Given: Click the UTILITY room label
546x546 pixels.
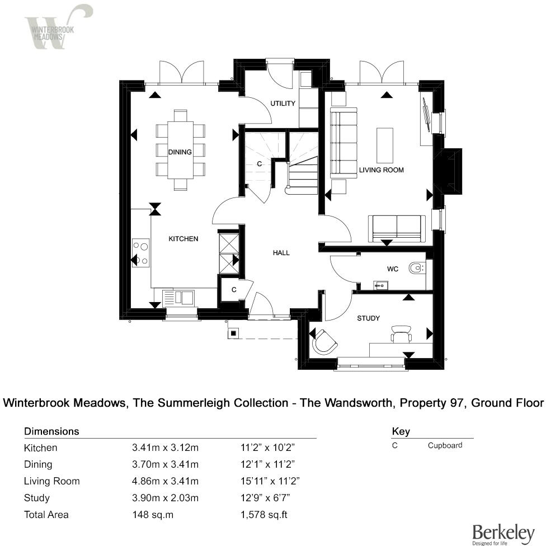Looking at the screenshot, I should coord(283,103).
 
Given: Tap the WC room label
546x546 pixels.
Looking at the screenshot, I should coord(393,269).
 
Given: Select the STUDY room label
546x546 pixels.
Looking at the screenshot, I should coord(369,318).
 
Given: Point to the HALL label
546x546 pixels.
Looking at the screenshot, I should coord(281,253).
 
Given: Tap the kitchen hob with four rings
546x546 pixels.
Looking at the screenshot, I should coord(141,252).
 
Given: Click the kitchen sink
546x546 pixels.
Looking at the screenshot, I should coord(178,296).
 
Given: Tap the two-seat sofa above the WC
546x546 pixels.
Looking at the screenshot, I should coord(396,227).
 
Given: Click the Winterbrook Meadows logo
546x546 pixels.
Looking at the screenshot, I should coord(56,27).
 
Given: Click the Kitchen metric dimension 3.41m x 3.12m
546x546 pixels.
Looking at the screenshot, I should coord(166,448).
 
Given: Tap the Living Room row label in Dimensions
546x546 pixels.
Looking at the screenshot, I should coord(51,481).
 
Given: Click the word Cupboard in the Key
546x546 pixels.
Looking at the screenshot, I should coord(445,446).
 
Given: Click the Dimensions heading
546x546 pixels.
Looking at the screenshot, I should coord(51,431).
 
